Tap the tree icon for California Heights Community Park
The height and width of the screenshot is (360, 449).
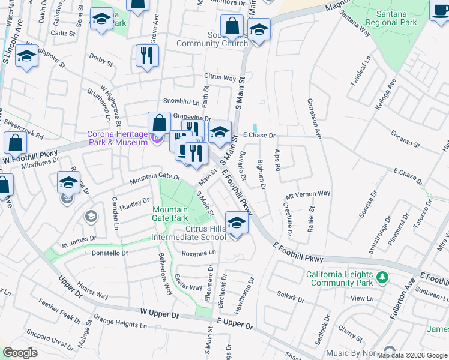click(x=381, y=278)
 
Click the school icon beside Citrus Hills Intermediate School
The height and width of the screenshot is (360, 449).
click(x=237, y=224)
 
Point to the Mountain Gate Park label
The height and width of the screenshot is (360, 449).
click(x=171, y=213)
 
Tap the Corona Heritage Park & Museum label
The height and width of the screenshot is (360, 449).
click(x=117, y=138)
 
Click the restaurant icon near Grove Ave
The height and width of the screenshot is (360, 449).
click(x=147, y=56)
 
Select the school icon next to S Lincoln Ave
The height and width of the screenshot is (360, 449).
click(x=26, y=56)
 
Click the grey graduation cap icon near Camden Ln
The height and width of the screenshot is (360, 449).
click(x=90, y=216)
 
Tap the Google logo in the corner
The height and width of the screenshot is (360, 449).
click(x=20, y=353)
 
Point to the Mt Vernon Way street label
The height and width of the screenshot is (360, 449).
click(x=308, y=194)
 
